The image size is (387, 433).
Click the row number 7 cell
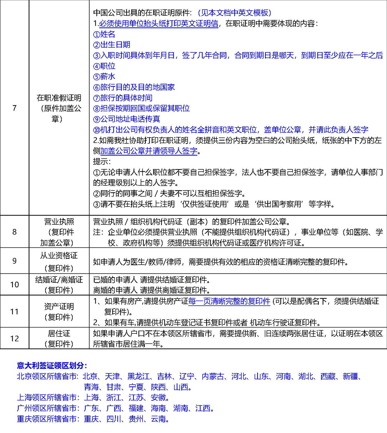14,108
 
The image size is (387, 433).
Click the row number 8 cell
14,232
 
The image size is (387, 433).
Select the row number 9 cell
14,261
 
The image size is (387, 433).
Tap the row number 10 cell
14,285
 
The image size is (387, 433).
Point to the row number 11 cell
14,312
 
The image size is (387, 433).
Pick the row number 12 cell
14,338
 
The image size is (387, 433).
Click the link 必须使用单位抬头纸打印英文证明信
159,24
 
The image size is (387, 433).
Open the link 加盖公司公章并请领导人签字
149,151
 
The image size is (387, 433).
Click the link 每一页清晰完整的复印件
229,301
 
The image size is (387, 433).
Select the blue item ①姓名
104,34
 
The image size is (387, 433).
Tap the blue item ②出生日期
112,45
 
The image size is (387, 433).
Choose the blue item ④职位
104,66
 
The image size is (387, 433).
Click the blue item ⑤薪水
104,77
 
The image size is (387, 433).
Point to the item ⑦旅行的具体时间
123,98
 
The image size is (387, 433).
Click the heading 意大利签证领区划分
52,365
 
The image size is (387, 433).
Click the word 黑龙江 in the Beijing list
138,377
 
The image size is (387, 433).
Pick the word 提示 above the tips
102,161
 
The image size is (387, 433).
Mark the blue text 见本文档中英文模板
234,13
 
